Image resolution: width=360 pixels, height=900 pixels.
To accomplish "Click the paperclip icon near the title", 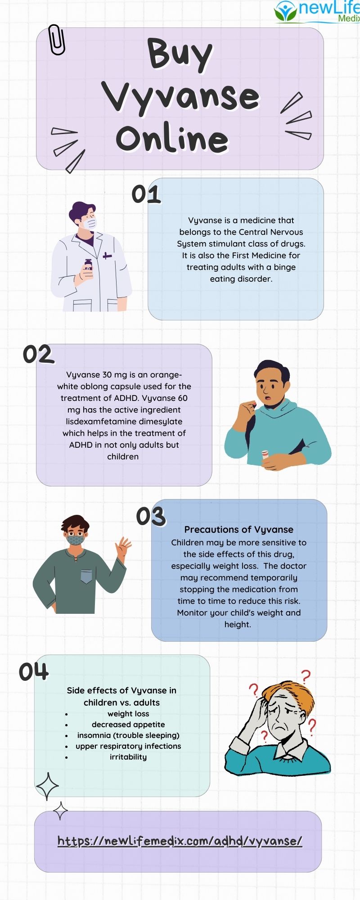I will [x=57, y=40].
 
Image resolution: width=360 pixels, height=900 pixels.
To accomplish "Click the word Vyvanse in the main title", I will [x=180, y=97].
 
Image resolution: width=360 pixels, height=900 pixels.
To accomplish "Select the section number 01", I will [x=146, y=194].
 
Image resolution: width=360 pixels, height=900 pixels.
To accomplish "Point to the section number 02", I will [x=38, y=355].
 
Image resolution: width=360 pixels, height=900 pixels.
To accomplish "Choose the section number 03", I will [x=151, y=517].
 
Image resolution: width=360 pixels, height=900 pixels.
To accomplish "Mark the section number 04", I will [x=33, y=672].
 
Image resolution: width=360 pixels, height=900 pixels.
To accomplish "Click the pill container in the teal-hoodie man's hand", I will [x=265, y=454].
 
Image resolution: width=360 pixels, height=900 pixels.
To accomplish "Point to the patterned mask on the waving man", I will [x=75, y=539].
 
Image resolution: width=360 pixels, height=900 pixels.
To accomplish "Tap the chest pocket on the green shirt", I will [x=86, y=576].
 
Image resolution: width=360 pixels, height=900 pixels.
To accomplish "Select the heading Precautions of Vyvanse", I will [x=238, y=530].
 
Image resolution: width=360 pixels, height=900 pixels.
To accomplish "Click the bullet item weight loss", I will [x=128, y=714].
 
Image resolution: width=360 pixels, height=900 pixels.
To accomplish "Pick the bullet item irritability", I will [x=128, y=757].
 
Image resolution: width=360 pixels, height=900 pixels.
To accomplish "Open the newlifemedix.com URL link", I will [x=180, y=841].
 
